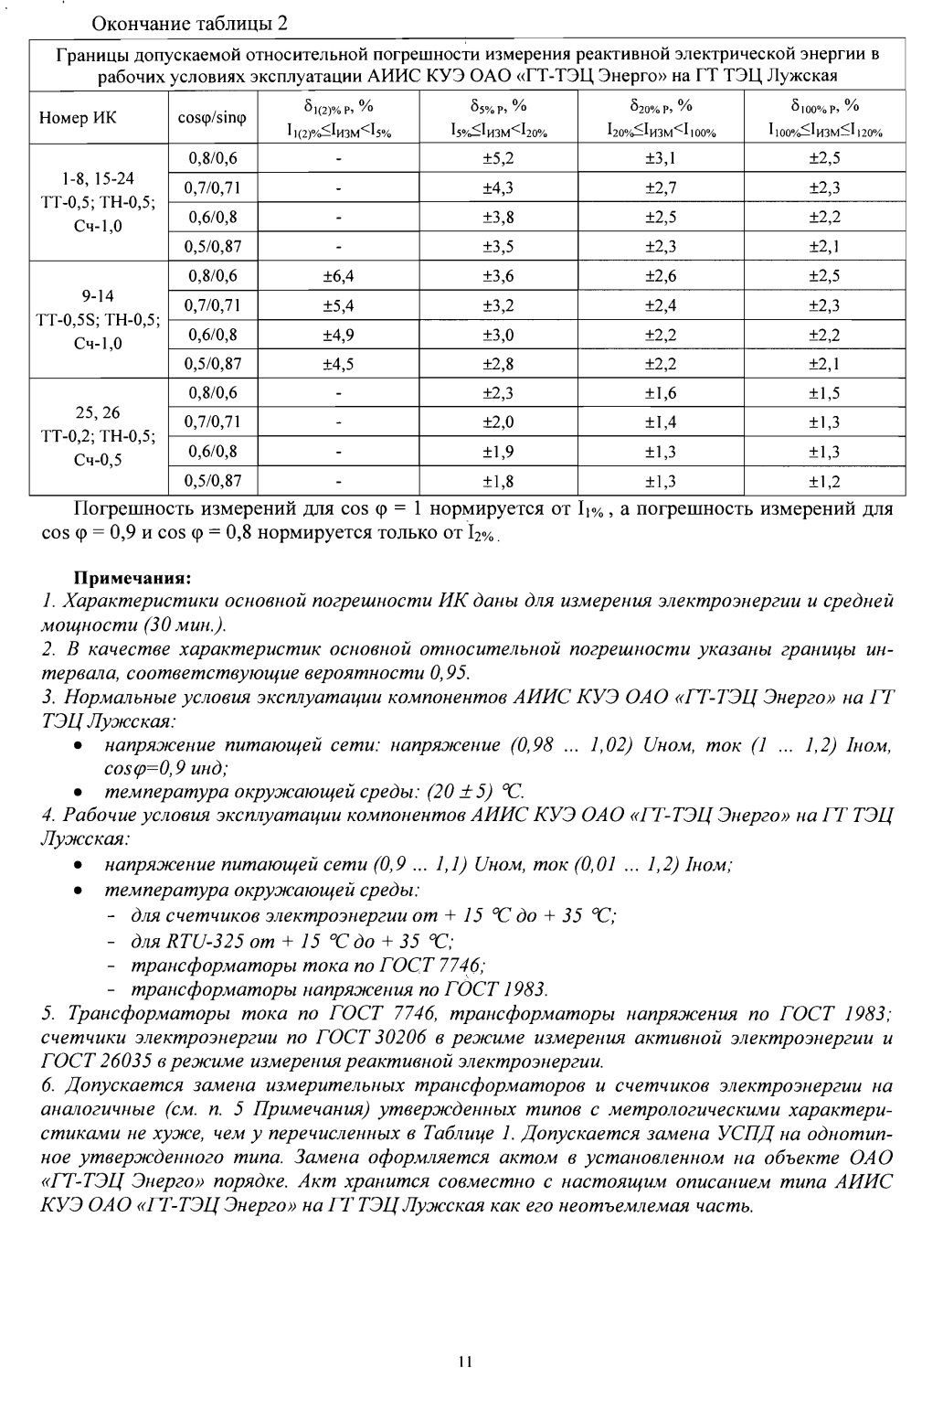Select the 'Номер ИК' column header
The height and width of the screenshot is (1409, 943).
(x=78, y=119)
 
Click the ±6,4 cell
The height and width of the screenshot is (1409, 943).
(x=338, y=276)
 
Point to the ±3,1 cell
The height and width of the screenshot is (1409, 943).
(x=660, y=158)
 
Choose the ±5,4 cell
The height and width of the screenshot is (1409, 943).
(x=338, y=305)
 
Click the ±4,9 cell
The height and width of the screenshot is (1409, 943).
(x=338, y=335)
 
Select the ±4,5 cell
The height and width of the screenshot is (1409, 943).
(x=338, y=364)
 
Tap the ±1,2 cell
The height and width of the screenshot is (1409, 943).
(x=824, y=481)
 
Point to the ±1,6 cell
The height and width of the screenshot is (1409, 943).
(x=660, y=393)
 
